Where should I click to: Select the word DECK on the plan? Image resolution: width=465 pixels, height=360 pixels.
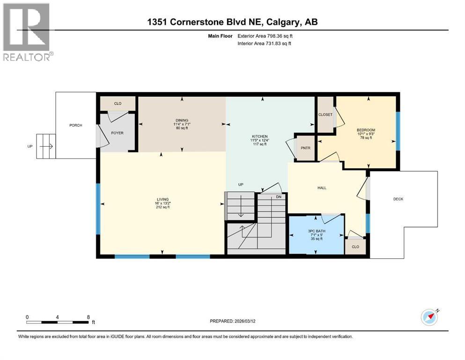coord(398,199)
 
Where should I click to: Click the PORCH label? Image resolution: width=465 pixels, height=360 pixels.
coord(76,125)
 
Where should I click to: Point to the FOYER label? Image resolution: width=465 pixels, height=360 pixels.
coord(117,133)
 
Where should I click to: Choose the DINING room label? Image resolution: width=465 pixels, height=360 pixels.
coord(182,120)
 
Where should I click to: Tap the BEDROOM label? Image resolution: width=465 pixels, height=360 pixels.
coord(366,130)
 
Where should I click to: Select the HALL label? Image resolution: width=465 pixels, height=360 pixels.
coord(322,188)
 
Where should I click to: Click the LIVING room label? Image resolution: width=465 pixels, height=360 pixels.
coord(162,199)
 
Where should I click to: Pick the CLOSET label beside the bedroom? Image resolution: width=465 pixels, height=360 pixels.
coord(325,114)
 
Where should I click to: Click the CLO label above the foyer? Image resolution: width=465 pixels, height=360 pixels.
coord(118,104)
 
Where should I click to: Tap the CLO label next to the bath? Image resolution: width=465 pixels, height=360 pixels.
coord(355,247)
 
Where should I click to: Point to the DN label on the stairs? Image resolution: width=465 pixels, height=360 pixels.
coord(279,197)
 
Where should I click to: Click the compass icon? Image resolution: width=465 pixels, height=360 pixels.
coord(429,317)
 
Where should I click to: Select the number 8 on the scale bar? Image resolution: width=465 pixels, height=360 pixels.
coord(89,317)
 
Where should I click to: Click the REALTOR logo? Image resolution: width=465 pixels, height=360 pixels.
coord(27,32)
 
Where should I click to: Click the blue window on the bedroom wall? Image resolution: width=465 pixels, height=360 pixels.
coord(399,131)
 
